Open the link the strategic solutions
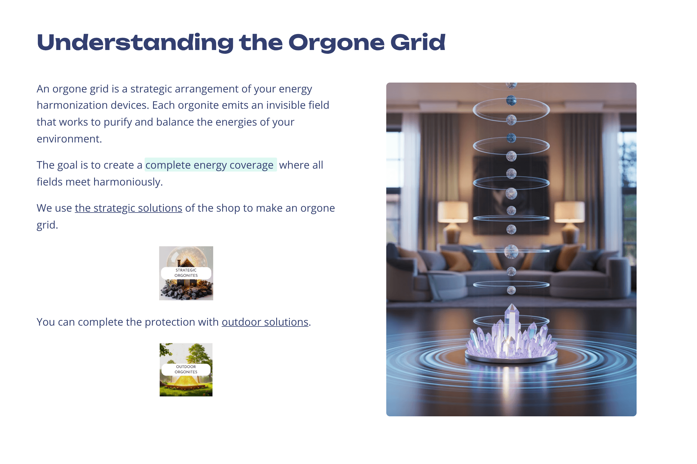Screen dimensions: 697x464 tap(129, 208)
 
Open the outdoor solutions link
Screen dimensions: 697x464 tap(265, 322)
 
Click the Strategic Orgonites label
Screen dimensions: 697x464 tap(186, 273)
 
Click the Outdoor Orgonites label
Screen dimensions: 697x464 tap(186, 369)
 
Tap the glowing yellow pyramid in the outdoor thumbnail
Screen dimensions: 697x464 tap(186, 381)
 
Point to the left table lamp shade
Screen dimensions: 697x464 tap(452, 212)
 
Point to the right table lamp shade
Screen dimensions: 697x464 tap(569, 212)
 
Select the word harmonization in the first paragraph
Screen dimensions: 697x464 tap(72, 105)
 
